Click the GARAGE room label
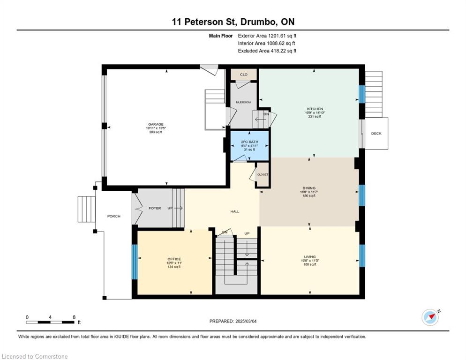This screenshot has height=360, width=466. tap(156, 124)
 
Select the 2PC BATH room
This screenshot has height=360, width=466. tap(249, 145)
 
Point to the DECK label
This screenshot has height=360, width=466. tap(376, 134)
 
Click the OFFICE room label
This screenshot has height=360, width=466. tap(174, 259)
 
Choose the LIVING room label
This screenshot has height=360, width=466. tap(309, 256)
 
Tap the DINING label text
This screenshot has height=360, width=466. tap(309, 187)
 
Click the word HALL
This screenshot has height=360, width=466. tap(235, 211)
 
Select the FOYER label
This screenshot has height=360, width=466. tap(155, 208)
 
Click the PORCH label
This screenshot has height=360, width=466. tap(113, 216)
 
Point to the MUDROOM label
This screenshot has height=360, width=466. tap(243, 102)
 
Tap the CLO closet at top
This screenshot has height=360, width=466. tap(243, 75)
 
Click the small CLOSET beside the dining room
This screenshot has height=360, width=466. tap(263, 174)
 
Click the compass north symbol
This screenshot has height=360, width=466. tap(430, 317)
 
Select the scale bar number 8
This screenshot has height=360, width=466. tap(74, 317)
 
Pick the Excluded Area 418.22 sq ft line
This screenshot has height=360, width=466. tap(267, 51)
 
